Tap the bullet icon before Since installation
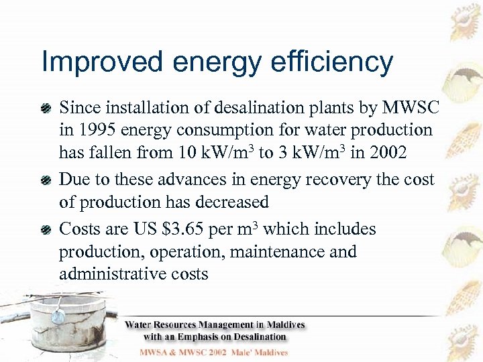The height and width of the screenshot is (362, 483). coord(46,107)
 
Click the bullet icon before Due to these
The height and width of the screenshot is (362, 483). coord(46,180)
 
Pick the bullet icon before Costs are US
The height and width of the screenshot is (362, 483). coord(46,230)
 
